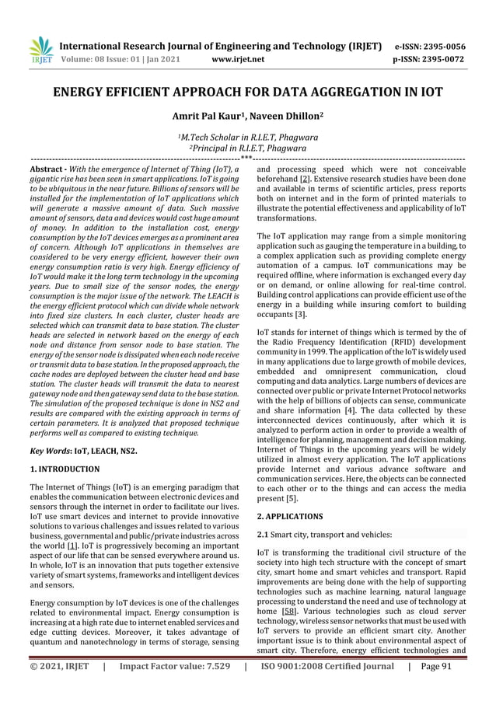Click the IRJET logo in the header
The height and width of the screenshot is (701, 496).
click(x=40, y=51)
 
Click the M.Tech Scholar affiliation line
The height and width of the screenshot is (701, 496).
click(x=247, y=139)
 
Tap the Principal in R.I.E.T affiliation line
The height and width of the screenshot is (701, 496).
click(x=247, y=150)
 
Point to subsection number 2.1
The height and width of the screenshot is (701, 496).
click(x=263, y=534)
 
